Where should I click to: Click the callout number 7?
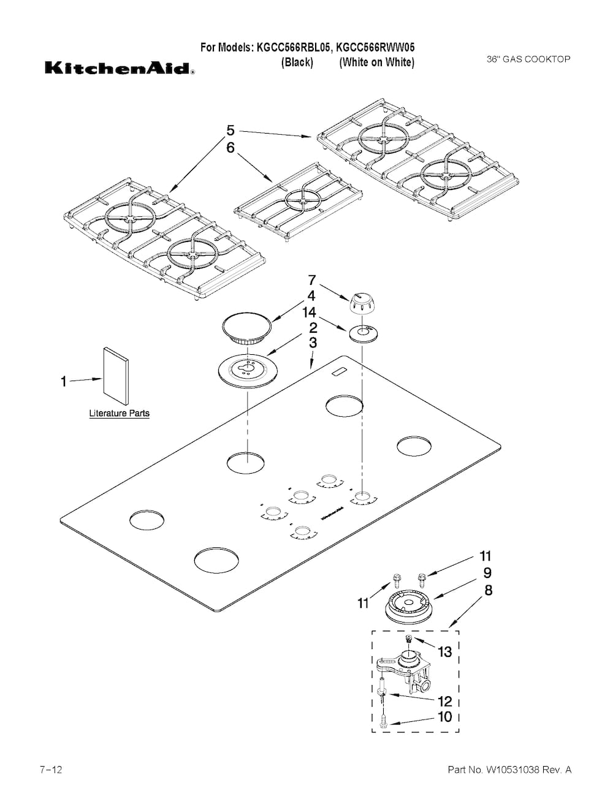coord(312,280)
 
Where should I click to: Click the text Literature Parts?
coord(120,414)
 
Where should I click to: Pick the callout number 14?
coord(309,312)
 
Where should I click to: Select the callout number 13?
coord(444,651)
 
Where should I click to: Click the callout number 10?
coord(444,716)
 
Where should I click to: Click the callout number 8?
coord(488,590)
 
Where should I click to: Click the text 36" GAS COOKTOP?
coord(528,59)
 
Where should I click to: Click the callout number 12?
coord(444,700)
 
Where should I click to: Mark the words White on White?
coord(377,62)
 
